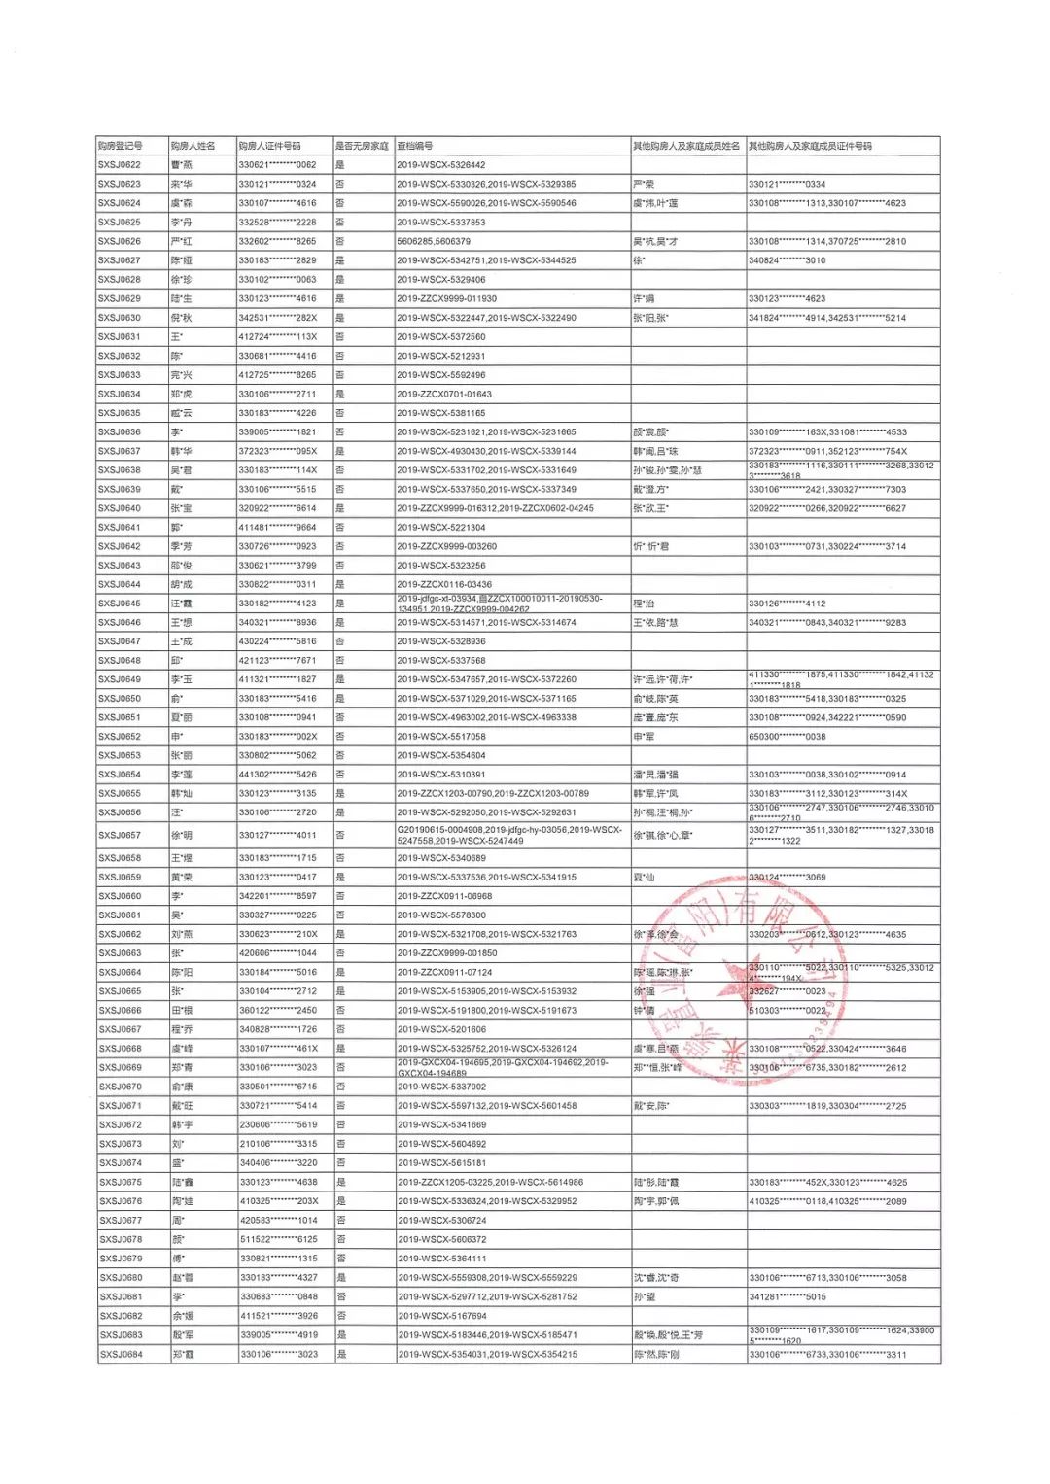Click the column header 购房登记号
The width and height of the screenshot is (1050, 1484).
pos(120,146)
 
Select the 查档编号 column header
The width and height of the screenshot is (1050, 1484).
pos(415,146)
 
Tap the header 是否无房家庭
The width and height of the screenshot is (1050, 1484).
pos(363,146)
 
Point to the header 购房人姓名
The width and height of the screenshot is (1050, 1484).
pos(192,146)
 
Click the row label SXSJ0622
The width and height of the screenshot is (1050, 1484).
pos(120,165)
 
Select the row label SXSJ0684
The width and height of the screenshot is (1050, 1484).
pos(120,1354)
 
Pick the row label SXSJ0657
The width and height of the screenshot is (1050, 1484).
pos(120,835)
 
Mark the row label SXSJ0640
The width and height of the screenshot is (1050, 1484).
pos(120,508)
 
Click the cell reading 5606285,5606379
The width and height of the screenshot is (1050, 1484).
pos(434,241)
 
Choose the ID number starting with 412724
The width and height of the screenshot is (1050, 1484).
pos(278,336)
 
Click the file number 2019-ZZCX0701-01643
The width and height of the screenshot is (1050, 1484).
pos(444,394)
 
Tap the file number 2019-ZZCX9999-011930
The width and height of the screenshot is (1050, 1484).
pos(446,298)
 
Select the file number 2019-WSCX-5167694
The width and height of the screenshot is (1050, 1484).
pos(441,1316)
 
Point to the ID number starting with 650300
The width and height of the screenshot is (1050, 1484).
pos(787,737)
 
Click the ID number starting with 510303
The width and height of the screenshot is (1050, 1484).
pos(787,1011)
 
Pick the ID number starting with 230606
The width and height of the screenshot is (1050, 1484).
pos(278,1124)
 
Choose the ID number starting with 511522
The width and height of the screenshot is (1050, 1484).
pos(278,1239)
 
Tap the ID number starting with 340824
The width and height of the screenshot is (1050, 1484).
pos(787,260)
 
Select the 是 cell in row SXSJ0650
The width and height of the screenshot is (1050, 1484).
pos(340,699)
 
